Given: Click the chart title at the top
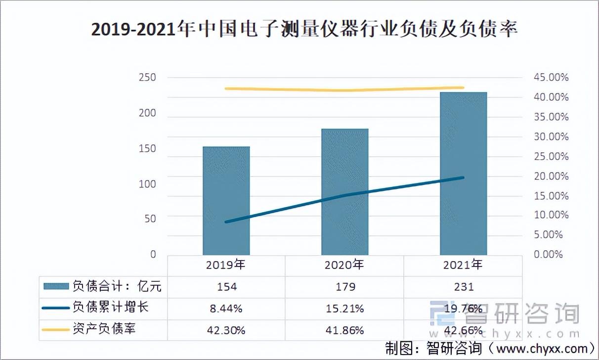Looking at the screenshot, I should tap(304, 30).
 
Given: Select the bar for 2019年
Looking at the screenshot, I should tap(226, 200).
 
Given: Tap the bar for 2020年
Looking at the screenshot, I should tap(344, 192).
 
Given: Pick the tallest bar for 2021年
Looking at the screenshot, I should tap(463, 173).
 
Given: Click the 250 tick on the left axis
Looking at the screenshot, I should tap(147, 78).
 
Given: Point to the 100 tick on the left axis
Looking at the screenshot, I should tap(147, 184).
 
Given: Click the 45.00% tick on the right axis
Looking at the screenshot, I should tap(550, 78).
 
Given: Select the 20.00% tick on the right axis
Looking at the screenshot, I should tap(550, 176).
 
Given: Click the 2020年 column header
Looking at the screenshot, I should tap(344, 265).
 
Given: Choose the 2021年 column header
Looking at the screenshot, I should tap(463, 265).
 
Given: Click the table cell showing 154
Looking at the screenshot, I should tap(226, 287).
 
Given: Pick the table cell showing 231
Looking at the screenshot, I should tap(463, 287).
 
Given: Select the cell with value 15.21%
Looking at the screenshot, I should tap(344, 309).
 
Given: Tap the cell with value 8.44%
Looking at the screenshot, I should tap(226, 309).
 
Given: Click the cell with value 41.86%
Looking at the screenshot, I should tap(344, 330).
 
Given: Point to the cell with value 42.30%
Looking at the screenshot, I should tap(226, 330).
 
